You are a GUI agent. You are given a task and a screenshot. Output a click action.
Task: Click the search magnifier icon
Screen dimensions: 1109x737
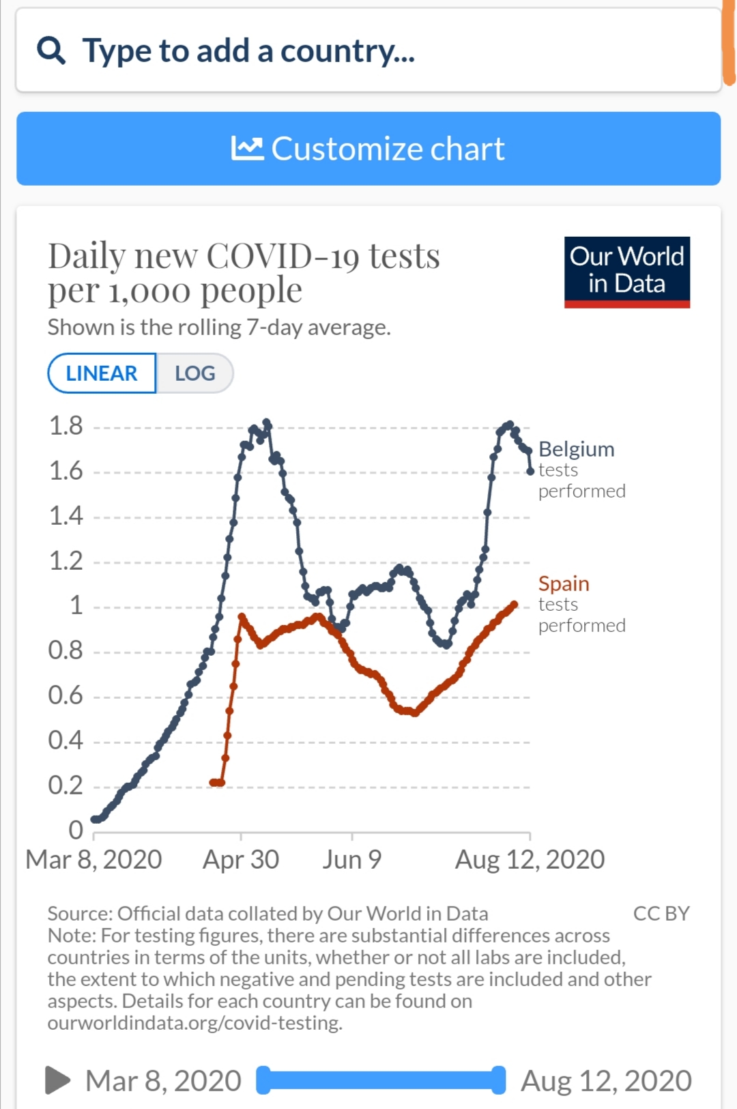(51, 51)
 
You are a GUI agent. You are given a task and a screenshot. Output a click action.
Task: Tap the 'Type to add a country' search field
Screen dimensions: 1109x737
(369, 51)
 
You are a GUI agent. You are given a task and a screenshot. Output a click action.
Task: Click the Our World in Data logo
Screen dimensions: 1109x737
(626, 272)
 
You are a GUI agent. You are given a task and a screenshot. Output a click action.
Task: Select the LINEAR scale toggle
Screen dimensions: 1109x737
(102, 373)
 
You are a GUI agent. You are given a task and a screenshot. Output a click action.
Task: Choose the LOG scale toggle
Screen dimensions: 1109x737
(194, 373)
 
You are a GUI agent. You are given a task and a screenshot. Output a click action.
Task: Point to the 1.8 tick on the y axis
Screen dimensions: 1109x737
(66, 426)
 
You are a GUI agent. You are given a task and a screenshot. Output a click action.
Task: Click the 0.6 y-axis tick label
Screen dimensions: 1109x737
(66, 695)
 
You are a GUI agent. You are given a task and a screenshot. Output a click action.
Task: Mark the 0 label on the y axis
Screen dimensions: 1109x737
(76, 830)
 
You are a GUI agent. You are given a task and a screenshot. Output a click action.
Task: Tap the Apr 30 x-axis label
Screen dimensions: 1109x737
(241, 860)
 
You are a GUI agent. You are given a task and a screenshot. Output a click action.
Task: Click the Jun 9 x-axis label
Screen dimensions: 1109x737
(351, 860)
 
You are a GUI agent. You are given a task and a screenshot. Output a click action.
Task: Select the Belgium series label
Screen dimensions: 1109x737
(577, 449)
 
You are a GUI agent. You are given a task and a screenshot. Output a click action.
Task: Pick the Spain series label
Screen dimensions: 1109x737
(564, 584)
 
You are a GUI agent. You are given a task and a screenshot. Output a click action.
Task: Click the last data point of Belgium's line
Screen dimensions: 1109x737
(530, 471)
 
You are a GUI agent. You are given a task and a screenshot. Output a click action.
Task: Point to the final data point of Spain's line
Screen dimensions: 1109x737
(515, 604)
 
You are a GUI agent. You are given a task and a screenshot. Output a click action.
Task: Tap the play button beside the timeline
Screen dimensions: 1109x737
(57, 1080)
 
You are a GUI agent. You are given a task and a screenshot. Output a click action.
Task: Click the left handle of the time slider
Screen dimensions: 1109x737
(263, 1080)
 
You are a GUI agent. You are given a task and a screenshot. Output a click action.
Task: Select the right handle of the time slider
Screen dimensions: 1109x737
(499, 1080)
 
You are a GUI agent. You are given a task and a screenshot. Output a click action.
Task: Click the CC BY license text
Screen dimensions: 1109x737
(661, 913)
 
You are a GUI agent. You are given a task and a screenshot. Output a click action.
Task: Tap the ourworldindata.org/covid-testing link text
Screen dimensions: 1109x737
(195, 1023)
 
